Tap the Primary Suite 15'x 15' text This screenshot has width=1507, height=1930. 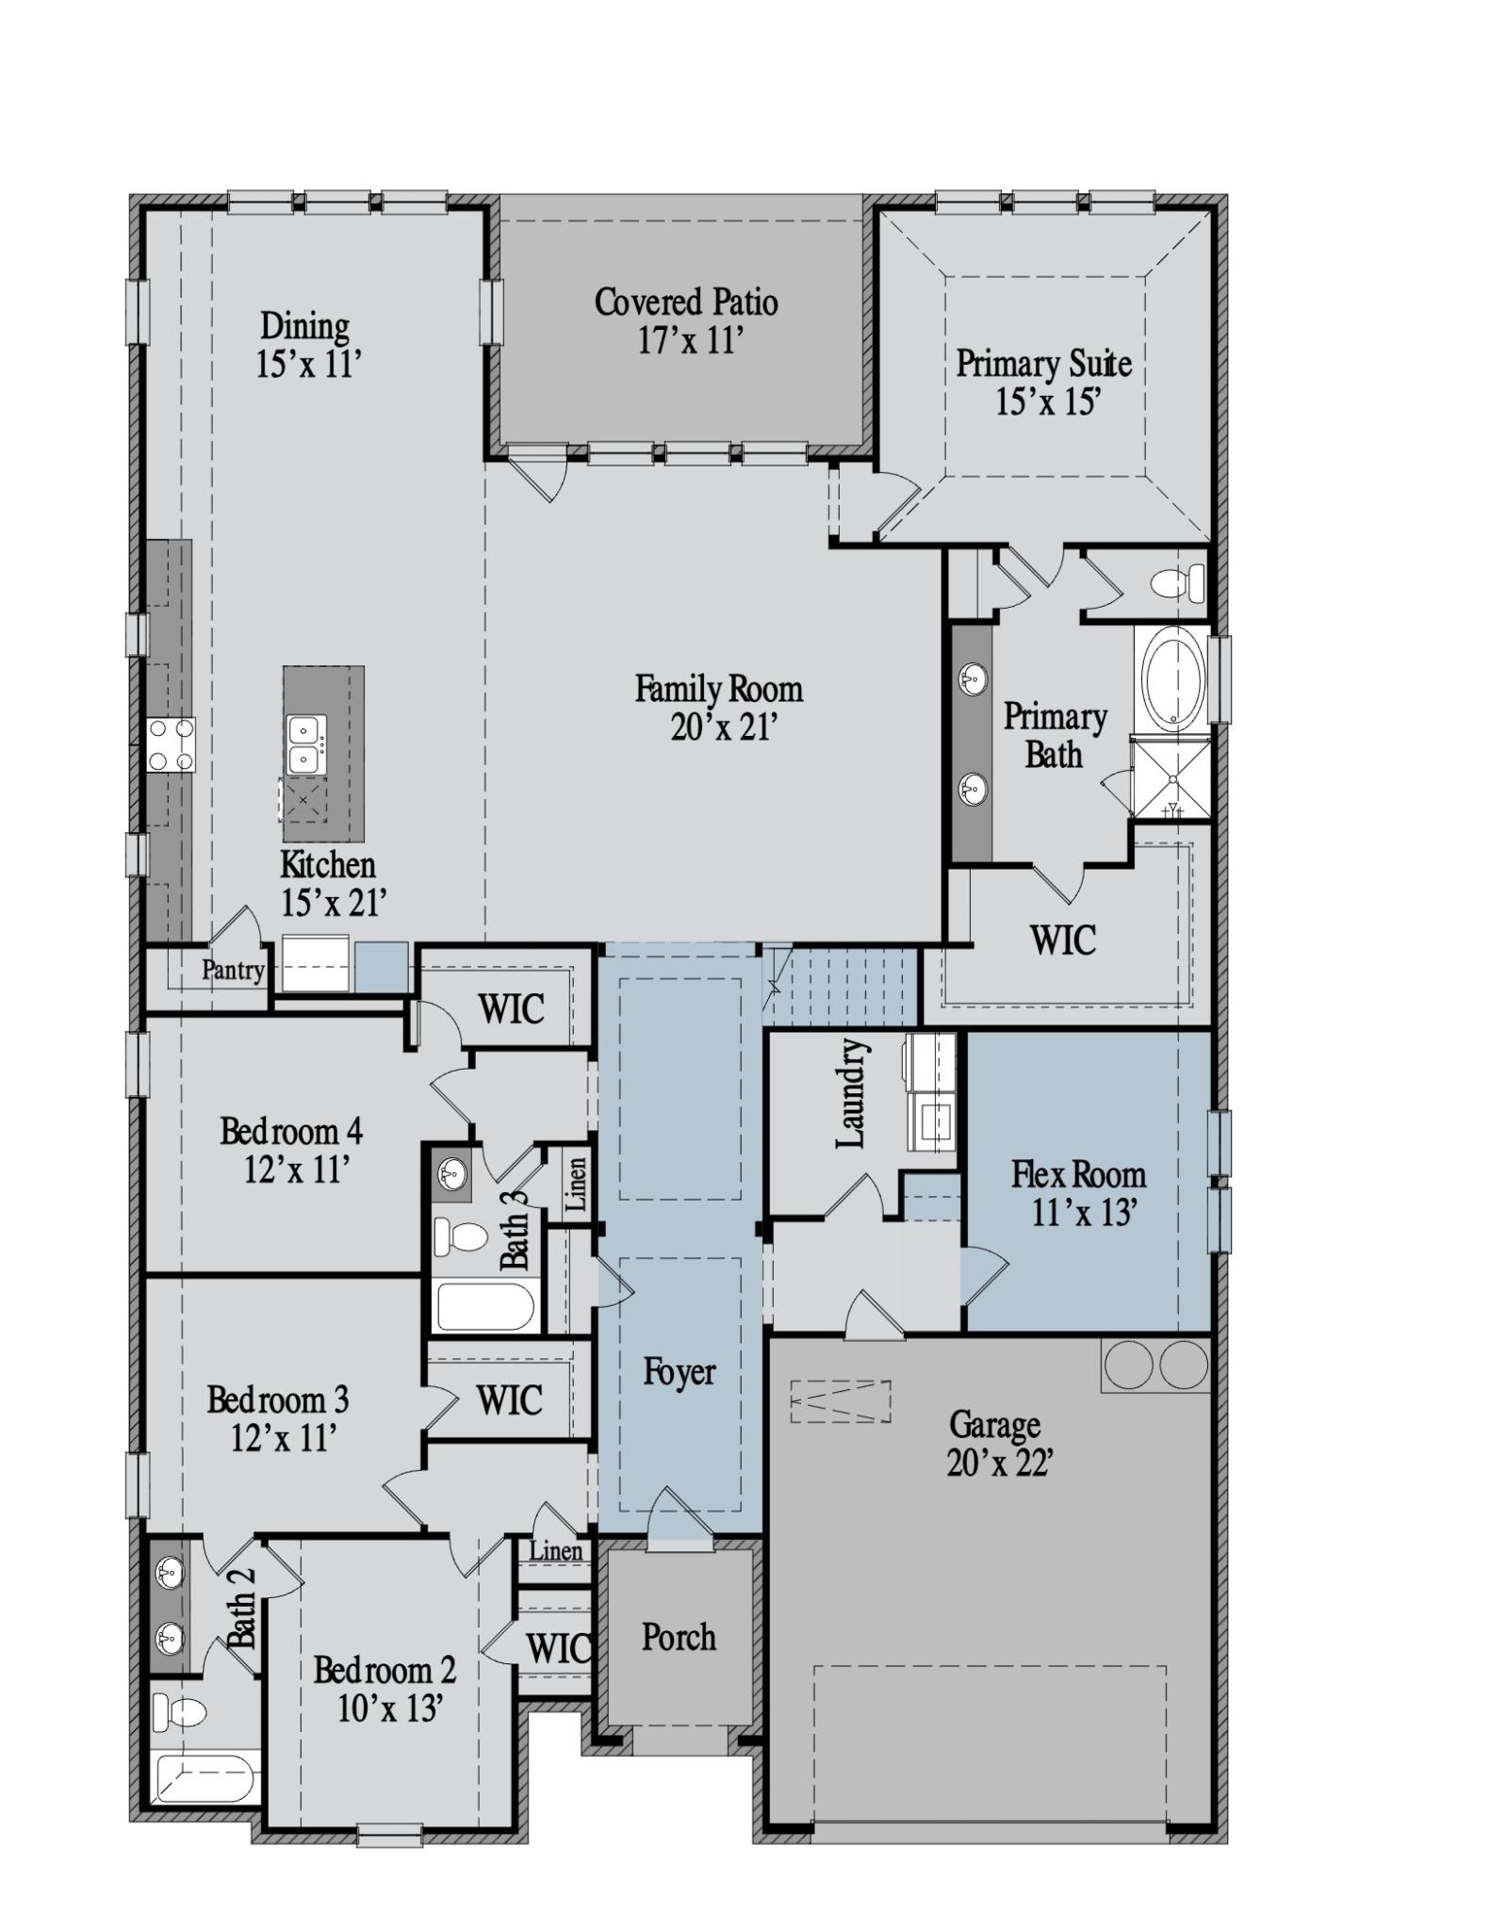click(x=1044, y=383)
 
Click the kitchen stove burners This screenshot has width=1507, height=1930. click(x=171, y=744)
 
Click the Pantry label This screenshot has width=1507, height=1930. click(x=232, y=970)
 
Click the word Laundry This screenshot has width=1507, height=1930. click(x=851, y=1094)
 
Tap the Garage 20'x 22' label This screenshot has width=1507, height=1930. click(x=998, y=1442)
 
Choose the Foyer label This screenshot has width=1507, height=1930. click(x=679, y=1371)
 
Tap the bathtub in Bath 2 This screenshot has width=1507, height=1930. click(x=205, y=1778)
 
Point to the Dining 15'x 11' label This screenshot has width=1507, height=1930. click(x=307, y=346)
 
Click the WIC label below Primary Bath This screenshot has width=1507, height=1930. click(x=1062, y=940)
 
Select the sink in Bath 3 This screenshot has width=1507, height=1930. click(x=452, y=1174)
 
